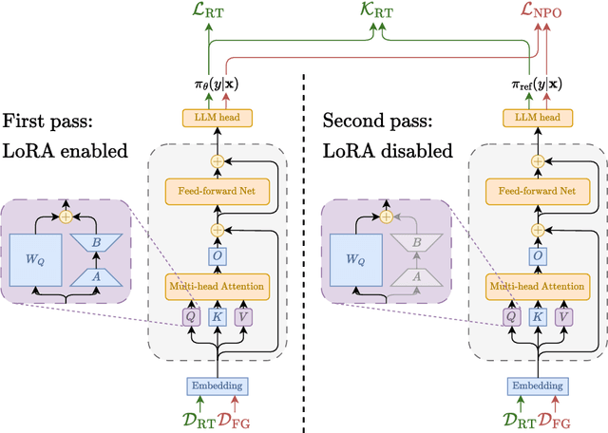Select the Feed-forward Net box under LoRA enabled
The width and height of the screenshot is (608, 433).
(218, 190)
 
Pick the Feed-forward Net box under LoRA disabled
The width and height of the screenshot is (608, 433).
(537, 190)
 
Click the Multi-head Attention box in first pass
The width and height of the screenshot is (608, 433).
(218, 285)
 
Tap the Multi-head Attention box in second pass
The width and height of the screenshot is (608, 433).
(537, 285)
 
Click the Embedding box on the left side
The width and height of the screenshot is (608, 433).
(218, 386)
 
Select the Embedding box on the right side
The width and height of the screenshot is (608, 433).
(537, 386)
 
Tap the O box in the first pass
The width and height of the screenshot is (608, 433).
(218, 256)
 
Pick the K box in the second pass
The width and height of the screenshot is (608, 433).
(537, 317)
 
